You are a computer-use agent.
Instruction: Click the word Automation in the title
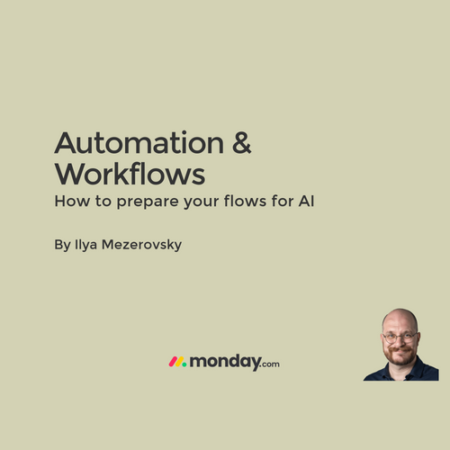pos(139,142)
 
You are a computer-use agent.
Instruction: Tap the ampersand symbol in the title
pos(242,143)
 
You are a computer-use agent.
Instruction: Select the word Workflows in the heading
pos(130,174)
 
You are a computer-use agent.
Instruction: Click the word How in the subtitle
pos(72,201)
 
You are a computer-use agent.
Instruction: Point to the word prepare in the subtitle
pos(148,202)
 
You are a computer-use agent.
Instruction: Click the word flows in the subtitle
pos(245,201)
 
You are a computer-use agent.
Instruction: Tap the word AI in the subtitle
pos(306,201)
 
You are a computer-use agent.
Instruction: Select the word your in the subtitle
pos(202,202)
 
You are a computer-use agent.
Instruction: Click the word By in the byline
pos(62,245)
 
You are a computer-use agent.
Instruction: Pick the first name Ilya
pos(85,245)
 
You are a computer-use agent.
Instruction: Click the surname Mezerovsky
pos(141,245)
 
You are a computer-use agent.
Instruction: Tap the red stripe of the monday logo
pos(173,362)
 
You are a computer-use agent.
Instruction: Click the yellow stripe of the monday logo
pos(179,362)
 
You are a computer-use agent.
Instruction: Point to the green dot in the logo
pos(184,364)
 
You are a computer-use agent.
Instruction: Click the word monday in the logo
pos(225,362)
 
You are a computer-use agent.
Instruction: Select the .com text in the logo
pos(270,364)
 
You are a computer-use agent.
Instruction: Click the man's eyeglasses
pos(400,337)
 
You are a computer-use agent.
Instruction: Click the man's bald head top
pos(400,317)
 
